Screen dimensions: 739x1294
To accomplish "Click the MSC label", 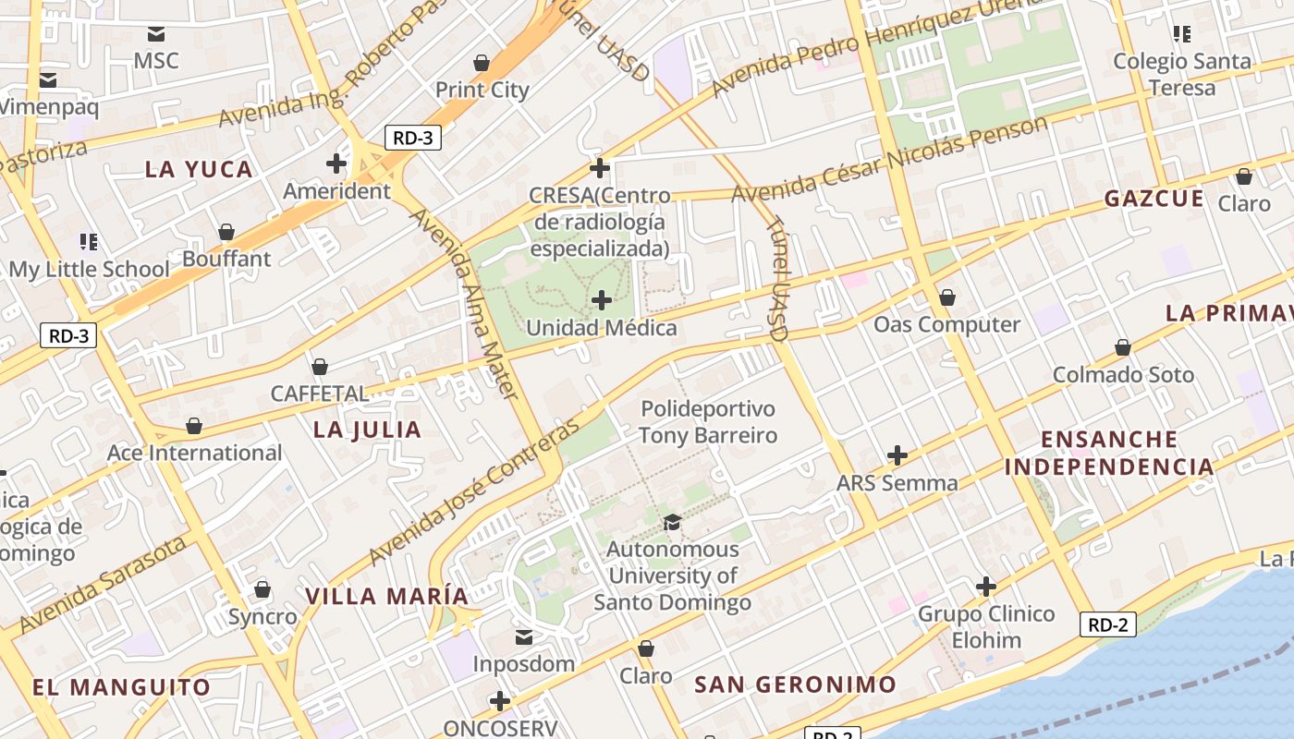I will (156, 61).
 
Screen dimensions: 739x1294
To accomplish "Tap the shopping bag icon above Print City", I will (481, 63).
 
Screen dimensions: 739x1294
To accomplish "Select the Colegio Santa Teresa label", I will (1181, 74).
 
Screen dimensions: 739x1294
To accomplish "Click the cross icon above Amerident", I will (336, 164).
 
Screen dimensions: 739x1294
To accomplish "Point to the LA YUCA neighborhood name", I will (199, 169).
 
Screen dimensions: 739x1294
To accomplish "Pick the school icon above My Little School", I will (89, 242).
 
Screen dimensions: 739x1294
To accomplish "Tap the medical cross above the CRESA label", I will (600, 168).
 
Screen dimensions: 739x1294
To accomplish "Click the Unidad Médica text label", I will (601, 328).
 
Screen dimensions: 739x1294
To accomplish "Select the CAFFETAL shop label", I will (319, 394).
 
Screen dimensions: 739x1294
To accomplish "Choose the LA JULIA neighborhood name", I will (367, 430).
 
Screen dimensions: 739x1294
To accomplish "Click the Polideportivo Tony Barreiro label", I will (708, 422).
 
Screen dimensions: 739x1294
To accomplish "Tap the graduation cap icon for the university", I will (672, 523).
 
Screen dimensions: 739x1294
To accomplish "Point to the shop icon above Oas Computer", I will (946, 298).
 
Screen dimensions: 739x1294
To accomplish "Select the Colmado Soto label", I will (1123, 375).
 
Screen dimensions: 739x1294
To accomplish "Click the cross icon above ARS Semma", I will (897, 455).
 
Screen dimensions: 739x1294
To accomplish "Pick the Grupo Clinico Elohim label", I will (986, 626).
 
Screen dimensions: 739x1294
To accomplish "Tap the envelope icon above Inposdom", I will (524, 637).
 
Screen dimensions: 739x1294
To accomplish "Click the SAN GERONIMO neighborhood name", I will (795, 684).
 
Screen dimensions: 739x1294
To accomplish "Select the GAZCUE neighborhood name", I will (1154, 199).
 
